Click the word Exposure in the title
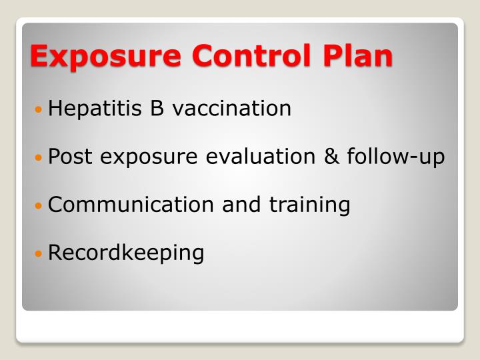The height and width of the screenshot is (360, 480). (106, 55)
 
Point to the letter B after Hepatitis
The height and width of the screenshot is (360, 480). (157, 108)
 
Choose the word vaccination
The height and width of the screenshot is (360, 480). (231, 108)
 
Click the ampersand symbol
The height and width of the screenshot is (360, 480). (331, 157)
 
